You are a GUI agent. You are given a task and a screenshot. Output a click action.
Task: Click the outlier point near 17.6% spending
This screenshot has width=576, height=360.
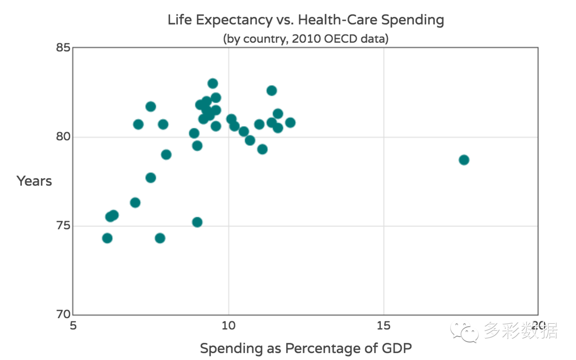[x=464, y=160]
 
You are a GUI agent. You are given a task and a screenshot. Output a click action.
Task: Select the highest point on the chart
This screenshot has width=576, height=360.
[x=213, y=84]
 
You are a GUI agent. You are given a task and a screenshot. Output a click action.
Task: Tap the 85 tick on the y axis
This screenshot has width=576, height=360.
[x=63, y=48]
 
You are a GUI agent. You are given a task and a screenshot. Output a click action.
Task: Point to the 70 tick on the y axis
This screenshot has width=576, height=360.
[x=63, y=314]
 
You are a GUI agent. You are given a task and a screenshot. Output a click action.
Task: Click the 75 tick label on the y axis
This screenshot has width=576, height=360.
[x=63, y=226]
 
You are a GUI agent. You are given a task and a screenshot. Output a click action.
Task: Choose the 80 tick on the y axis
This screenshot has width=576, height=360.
[x=63, y=137]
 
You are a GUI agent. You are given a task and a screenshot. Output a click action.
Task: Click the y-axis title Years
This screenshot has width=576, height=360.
[x=34, y=181]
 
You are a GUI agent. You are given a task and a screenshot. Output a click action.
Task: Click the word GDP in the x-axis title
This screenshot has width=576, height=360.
[x=398, y=348]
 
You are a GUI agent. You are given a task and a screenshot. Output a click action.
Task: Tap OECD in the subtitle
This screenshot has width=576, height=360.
[x=340, y=39]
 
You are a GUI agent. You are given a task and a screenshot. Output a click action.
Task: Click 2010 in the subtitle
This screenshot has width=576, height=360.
[x=304, y=39]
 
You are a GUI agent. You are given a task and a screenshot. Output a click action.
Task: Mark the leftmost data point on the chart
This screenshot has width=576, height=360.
[x=107, y=238]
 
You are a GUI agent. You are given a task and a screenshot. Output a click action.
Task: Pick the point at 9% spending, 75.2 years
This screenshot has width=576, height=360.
[x=197, y=222]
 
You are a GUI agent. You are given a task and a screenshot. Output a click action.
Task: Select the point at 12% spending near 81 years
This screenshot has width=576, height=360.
[x=290, y=123]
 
